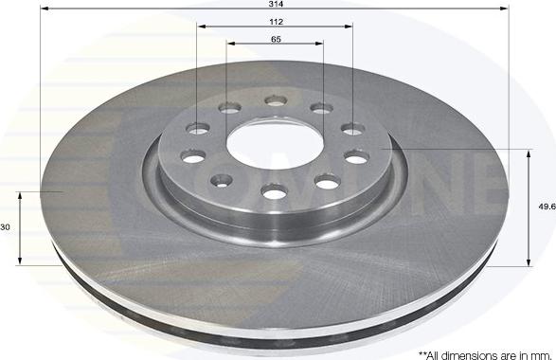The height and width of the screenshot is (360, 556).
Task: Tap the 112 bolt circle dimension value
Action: click(x=276, y=22)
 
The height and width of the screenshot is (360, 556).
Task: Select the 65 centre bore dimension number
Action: click(x=276, y=39)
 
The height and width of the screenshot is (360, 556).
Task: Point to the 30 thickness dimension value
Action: click(x=6, y=227)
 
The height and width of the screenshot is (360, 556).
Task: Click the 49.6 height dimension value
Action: click(x=547, y=207)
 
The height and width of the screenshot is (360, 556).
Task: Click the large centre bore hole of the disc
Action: click(x=276, y=145)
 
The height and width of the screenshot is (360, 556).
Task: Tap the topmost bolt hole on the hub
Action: click(x=276, y=100)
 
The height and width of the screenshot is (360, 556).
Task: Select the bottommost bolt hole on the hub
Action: click(x=274, y=192)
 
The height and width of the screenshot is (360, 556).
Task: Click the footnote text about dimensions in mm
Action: click(x=485, y=354)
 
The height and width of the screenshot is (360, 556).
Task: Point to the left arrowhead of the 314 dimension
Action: click(x=45, y=9)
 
